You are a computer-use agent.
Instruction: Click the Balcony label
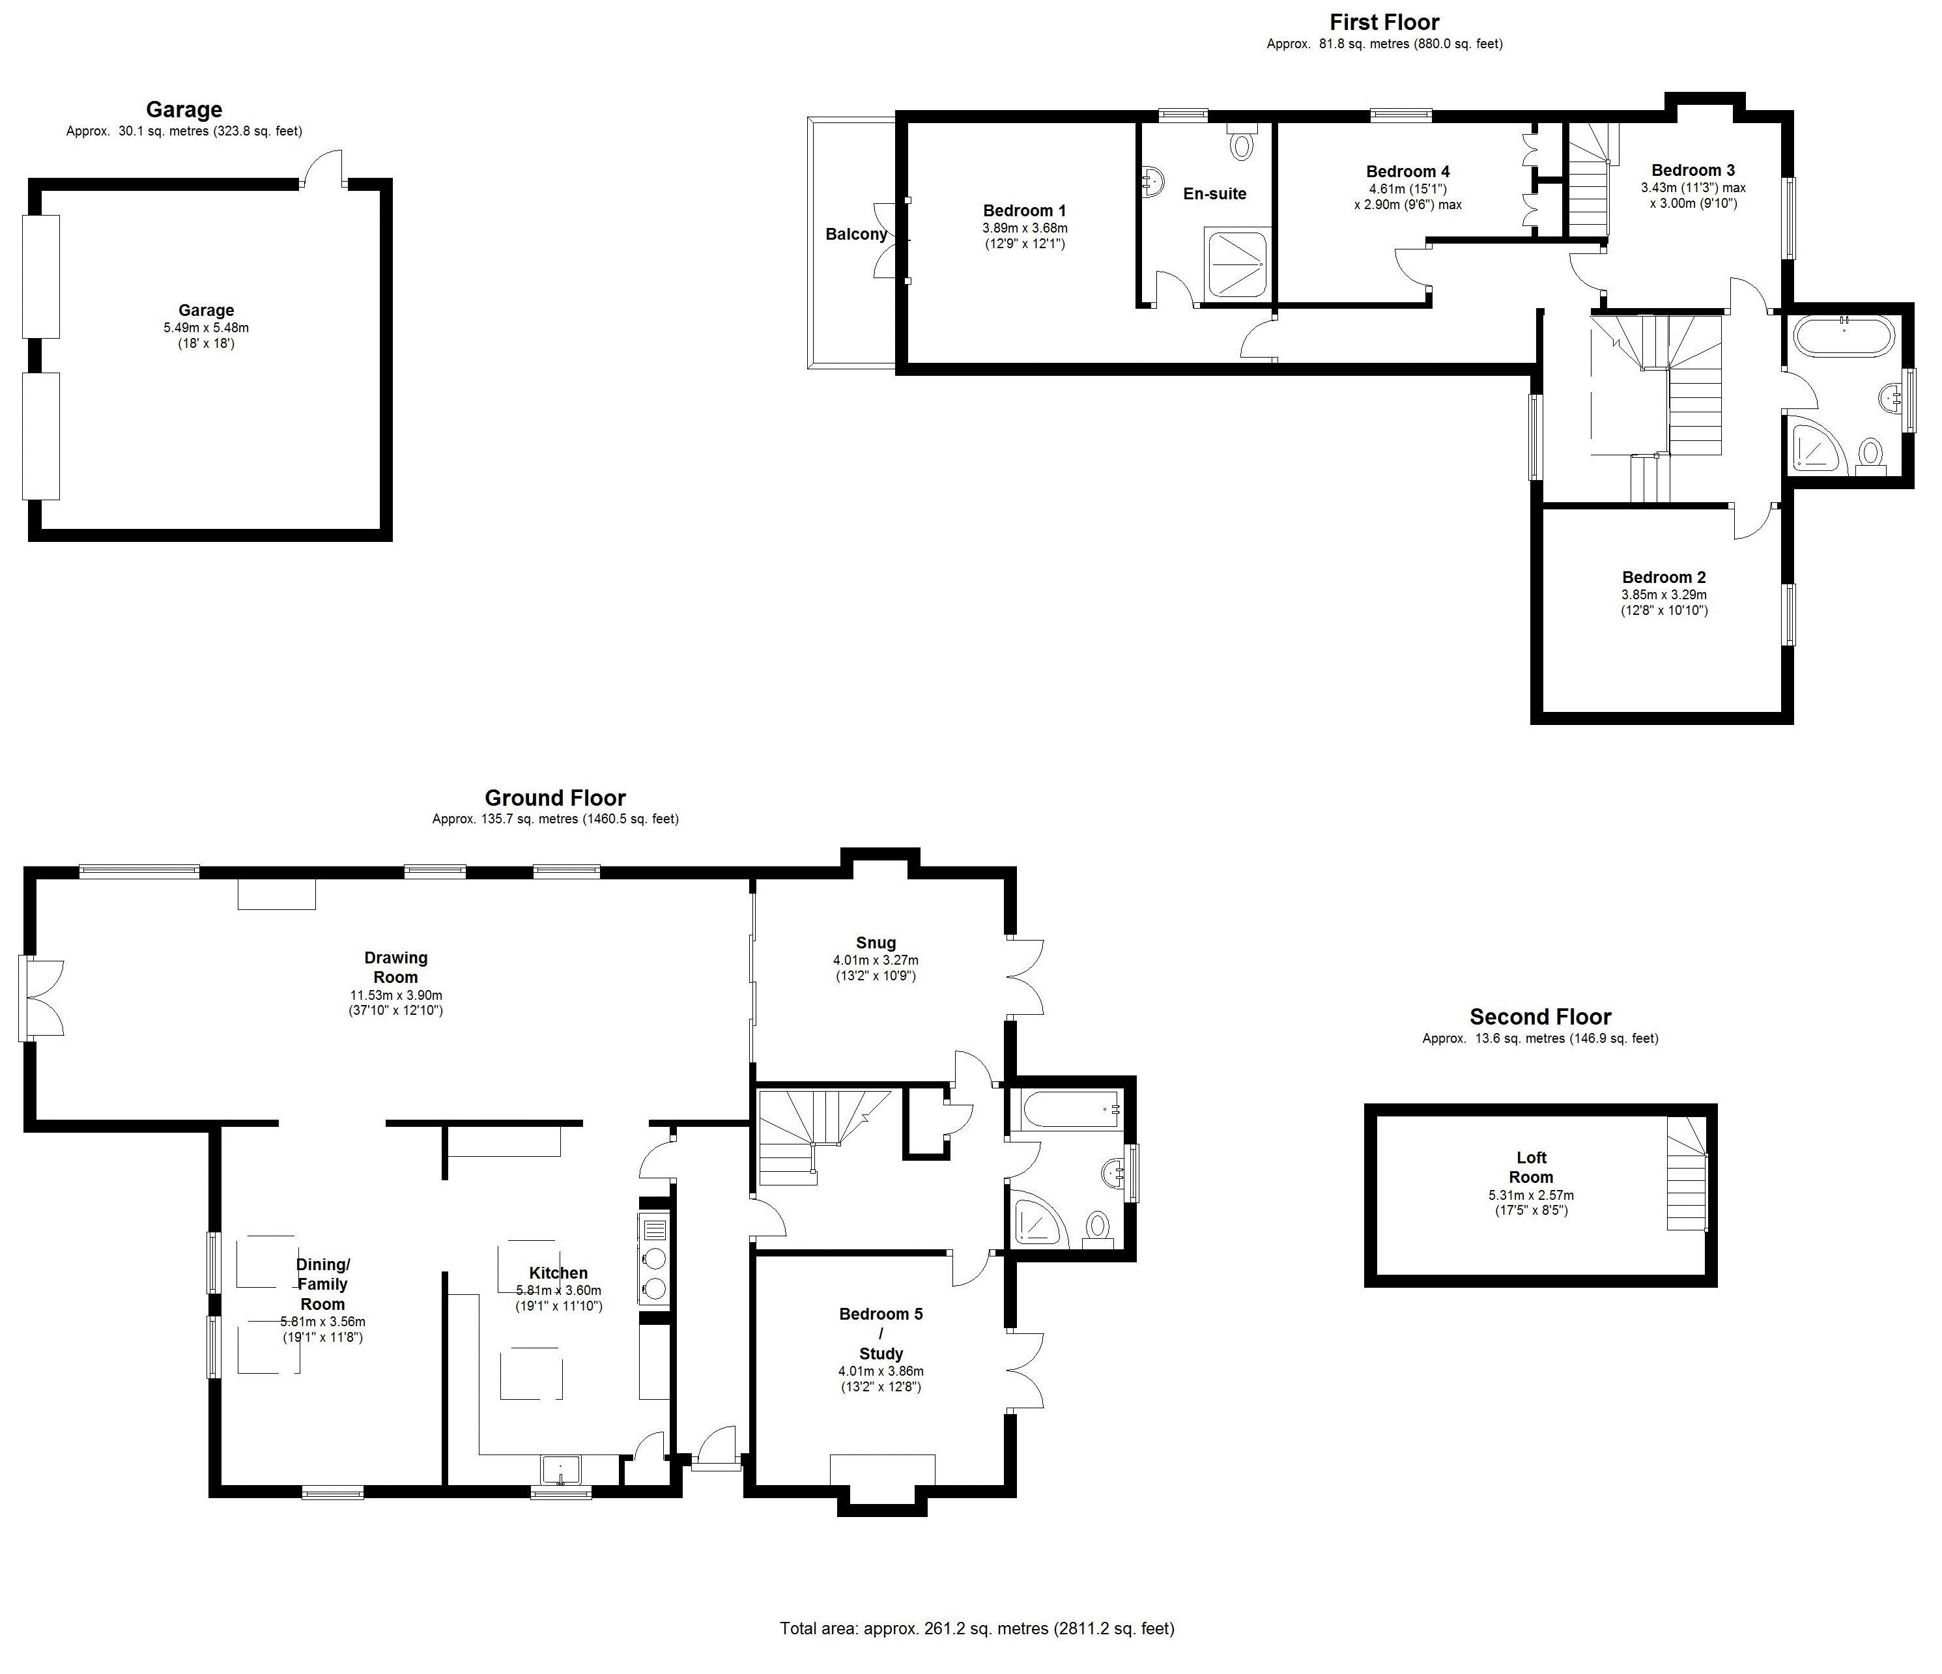tap(856, 234)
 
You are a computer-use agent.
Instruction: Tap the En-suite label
tap(1215, 194)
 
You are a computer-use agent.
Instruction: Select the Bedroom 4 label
tap(1408, 171)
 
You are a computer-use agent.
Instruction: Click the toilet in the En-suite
tap(1242, 141)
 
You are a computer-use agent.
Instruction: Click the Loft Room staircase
tap(1686, 1174)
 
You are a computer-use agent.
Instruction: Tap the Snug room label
tap(876, 943)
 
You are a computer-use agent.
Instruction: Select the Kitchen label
tap(558, 1273)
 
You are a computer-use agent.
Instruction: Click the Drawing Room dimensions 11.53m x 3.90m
tap(395, 995)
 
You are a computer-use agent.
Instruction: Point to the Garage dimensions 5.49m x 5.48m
tap(207, 328)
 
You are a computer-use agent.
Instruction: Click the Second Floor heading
tap(1540, 1017)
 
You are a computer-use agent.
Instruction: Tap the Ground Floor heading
tap(555, 798)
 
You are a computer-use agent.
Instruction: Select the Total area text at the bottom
tap(977, 1628)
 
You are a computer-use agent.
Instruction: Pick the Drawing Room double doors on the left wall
tap(41, 999)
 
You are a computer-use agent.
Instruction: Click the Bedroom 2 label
tap(1664, 577)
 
